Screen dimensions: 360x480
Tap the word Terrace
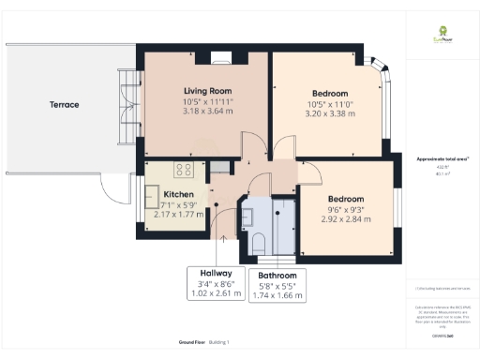tap(65, 105)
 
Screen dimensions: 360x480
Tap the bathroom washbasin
tap(248, 218)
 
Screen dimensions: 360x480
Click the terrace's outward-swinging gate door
tap(117, 194)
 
